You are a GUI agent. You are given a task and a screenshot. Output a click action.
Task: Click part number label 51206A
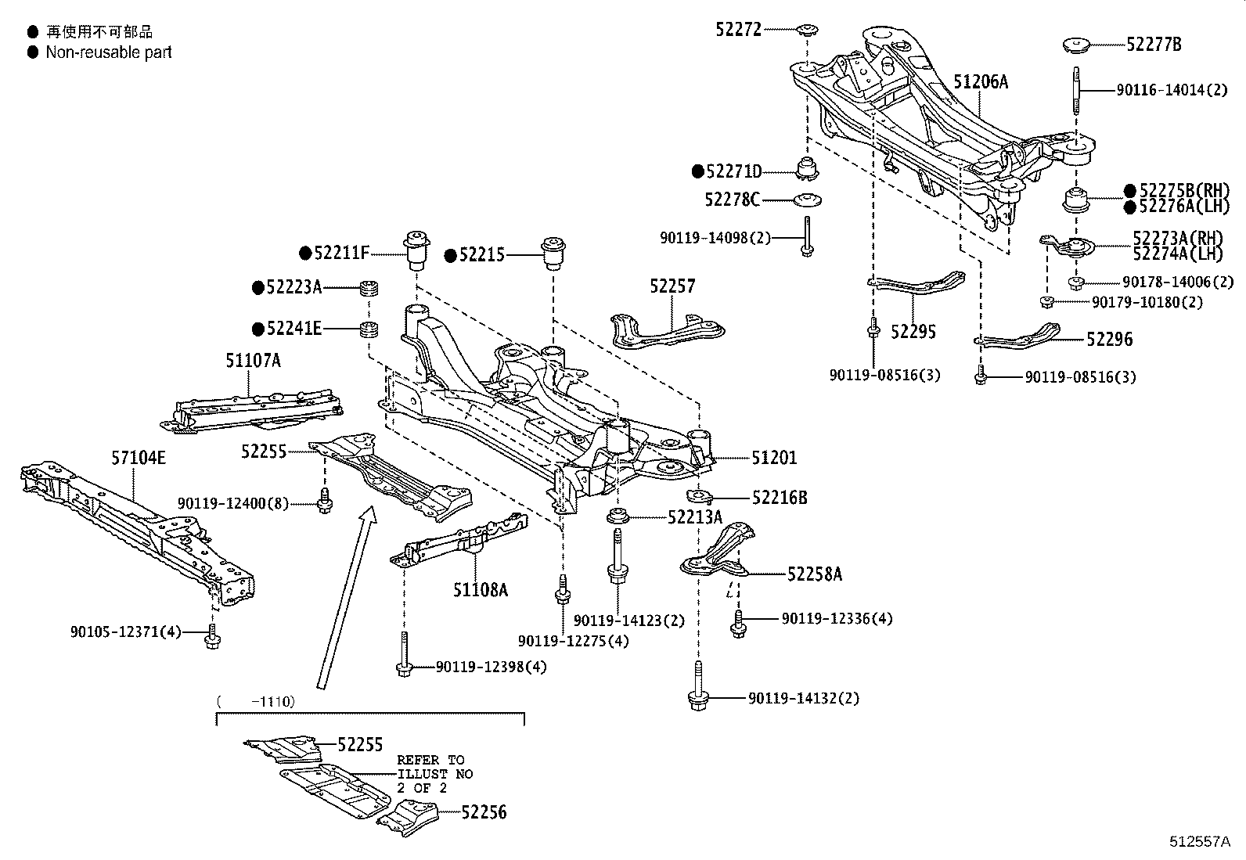coord(980,81)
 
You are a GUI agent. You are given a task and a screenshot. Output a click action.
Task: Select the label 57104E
coord(138,458)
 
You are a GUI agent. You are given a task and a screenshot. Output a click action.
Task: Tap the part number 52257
coord(672,286)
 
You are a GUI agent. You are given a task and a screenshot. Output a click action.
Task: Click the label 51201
coord(774,458)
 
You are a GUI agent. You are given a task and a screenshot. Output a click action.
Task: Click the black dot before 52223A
coord(257,288)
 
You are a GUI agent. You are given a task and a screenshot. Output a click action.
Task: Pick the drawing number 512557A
coord(1200,842)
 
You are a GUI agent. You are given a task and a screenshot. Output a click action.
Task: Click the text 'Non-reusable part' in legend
coord(108,52)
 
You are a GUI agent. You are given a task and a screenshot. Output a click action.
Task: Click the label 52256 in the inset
coord(483,812)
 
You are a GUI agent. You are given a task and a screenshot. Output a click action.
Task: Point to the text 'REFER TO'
coord(430,760)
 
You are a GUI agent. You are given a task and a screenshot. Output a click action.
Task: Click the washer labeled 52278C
coord(805,200)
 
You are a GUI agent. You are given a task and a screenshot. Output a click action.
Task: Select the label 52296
coord(1109,340)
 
